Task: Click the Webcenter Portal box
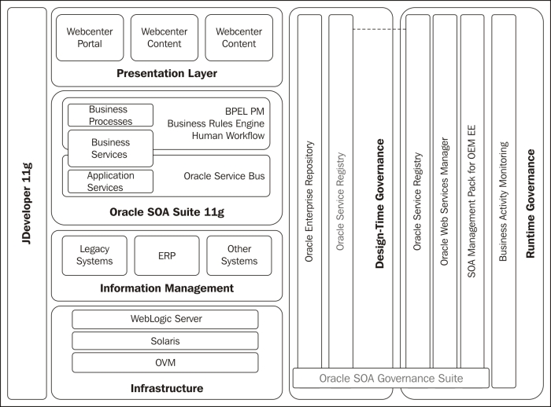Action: click(x=90, y=38)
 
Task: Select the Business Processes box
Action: click(x=110, y=115)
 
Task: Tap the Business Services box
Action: click(x=110, y=148)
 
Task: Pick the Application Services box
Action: click(x=110, y=181)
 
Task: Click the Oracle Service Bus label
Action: click(x=224, y=176)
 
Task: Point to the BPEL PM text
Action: click(x=245, y=112)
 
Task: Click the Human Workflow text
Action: click(x=228, y=135)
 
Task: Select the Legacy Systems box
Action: click(x=94, y=255)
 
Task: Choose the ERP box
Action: click(x=167, y=255)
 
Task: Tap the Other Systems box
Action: click(x=239, y=255)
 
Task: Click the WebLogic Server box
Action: click(x=165, y=319)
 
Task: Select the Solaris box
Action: click(x=165, y=341)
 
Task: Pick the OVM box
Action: click(x=165, y=362)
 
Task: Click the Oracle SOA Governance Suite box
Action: click(x=390, y=378)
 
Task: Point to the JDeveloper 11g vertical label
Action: click(x=27, y=203)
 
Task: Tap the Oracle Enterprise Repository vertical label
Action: click(x=309, y=201)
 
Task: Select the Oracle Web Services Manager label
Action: click(x=445, y=201)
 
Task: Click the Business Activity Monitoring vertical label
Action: click(x=504, y=201)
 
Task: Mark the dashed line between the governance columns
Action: click(x=379, y=30)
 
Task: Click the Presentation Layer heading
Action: click(x=167, y=73)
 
